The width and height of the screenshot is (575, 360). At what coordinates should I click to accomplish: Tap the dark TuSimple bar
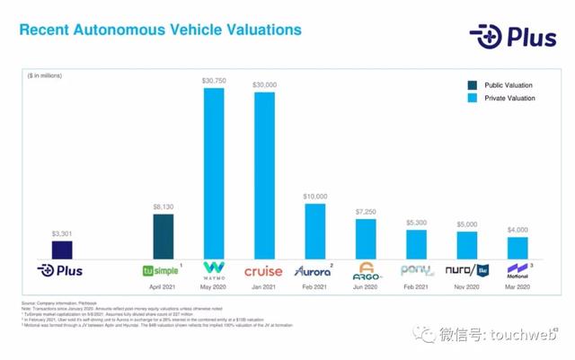[163, 236]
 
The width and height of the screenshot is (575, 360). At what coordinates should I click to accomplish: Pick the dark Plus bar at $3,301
[61, 250]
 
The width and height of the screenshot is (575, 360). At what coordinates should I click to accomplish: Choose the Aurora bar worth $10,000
[315, 232]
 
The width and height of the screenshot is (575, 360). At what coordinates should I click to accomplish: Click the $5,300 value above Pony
[416, 222]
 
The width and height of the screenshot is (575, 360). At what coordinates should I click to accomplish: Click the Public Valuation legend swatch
[473, 85]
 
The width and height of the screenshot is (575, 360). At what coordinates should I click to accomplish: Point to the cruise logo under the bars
[263, 270]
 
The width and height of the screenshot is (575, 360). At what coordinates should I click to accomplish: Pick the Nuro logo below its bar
[466, 269]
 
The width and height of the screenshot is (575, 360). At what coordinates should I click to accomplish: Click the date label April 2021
[163, 287]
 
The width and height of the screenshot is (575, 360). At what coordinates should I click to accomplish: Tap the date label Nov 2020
[466, 287]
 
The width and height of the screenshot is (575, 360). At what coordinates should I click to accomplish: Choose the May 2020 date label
[214, 287]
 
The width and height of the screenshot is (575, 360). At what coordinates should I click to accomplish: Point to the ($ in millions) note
[44, 75]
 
